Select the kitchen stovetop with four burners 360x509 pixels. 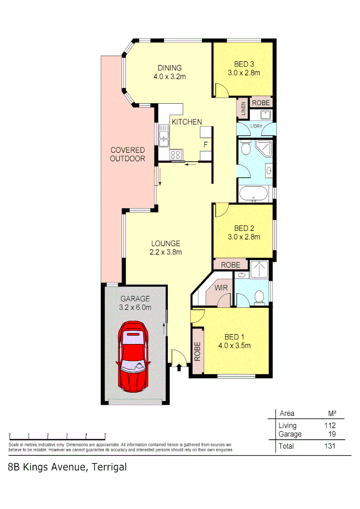tap(176, 154)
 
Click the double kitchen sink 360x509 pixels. tap(164, 134)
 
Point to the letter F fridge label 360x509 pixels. tap(205, 144)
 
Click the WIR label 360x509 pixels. tap(221, 287)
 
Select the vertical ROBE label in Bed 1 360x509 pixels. tap(197, 351)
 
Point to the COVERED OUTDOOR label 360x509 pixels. tap(127, 155)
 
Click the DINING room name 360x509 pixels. tap(170, 68)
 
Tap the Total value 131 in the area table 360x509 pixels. tap(329, 446)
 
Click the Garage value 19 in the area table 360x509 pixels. tap(331, 434)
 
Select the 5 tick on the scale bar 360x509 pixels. tap(105, 435)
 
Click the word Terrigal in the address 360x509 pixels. tap(109, 468)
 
